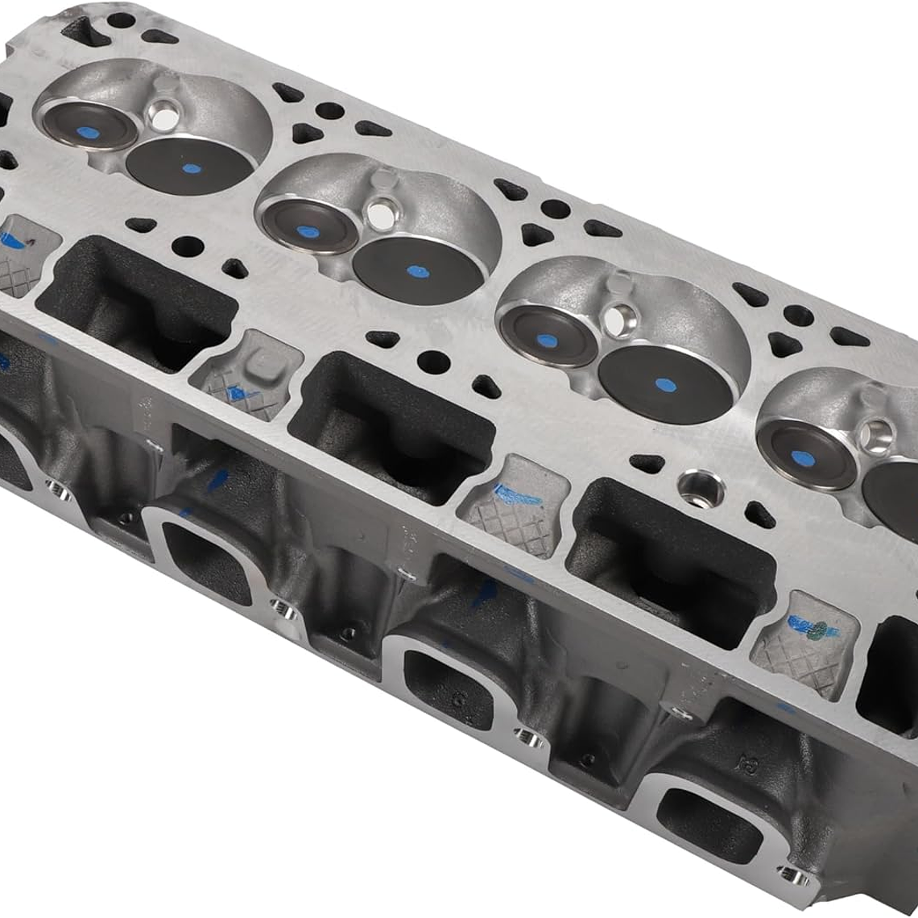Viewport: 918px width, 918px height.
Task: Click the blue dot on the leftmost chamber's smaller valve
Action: point(90,132)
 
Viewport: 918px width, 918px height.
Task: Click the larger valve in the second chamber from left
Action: point(417,270)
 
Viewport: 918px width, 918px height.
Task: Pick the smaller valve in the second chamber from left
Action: point(306,229)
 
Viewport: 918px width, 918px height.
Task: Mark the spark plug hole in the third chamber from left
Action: point(615,320)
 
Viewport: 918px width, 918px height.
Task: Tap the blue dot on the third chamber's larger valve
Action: point(665,384)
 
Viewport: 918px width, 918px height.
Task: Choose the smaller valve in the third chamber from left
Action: point(547,339)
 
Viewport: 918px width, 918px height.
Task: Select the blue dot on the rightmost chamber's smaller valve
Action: point(799,458)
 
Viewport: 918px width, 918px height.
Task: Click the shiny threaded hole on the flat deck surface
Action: point(700,487)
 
